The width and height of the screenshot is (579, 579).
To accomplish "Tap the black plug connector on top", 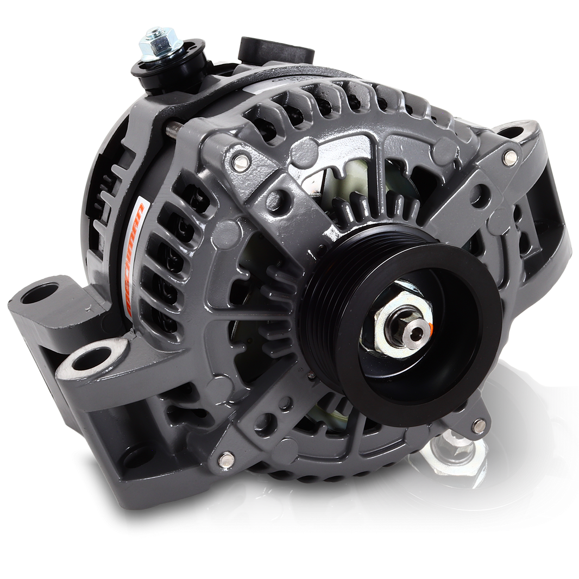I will [276, 49].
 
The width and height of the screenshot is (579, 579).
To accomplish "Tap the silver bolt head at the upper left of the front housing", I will [241, 160].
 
